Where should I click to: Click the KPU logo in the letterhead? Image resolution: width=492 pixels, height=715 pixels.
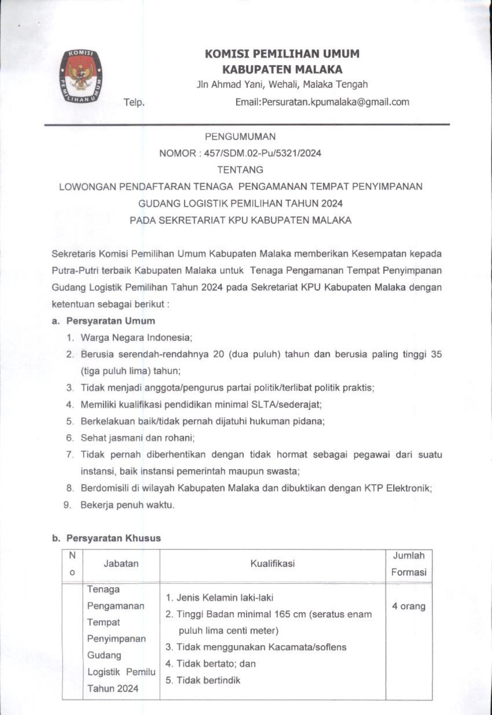tap(81, 76)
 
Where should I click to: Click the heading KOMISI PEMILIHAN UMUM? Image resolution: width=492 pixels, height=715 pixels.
tap(282, 54)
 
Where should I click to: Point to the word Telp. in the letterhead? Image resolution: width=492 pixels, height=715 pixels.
tap(134, 103)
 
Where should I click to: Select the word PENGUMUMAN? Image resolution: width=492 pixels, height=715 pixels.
tap(240, 136)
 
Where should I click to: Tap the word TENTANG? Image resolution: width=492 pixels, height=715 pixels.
tap(240, 170)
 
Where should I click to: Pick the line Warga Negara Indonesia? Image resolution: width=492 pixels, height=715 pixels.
tap(136, 338)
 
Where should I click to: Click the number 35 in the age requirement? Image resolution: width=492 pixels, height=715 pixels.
tap(436, 354)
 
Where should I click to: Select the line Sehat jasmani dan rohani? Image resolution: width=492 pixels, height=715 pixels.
tap(137, 438)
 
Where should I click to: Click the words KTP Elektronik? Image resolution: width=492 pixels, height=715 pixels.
tap(397, 488)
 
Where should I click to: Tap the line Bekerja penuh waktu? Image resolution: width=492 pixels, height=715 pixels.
tap(127, 505)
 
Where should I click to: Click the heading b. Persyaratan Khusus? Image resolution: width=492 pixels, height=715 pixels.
tap(106, 538)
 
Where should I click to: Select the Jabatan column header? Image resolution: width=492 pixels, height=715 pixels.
tap(121, 564)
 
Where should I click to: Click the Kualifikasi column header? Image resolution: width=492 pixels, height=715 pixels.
tap(272, 564)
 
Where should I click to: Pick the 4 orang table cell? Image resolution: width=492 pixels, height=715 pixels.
tap(409, 606)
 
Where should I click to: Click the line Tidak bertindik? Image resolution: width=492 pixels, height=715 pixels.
tap(208, 680)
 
